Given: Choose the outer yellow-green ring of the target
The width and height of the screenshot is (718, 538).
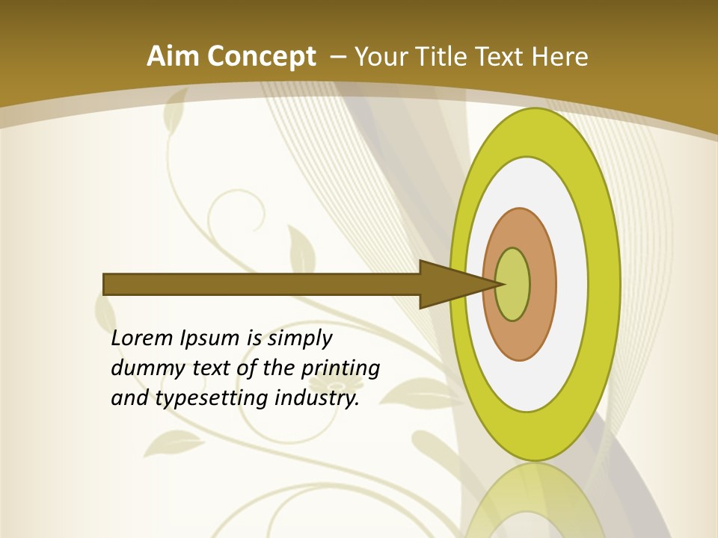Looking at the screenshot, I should coord(603,285).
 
